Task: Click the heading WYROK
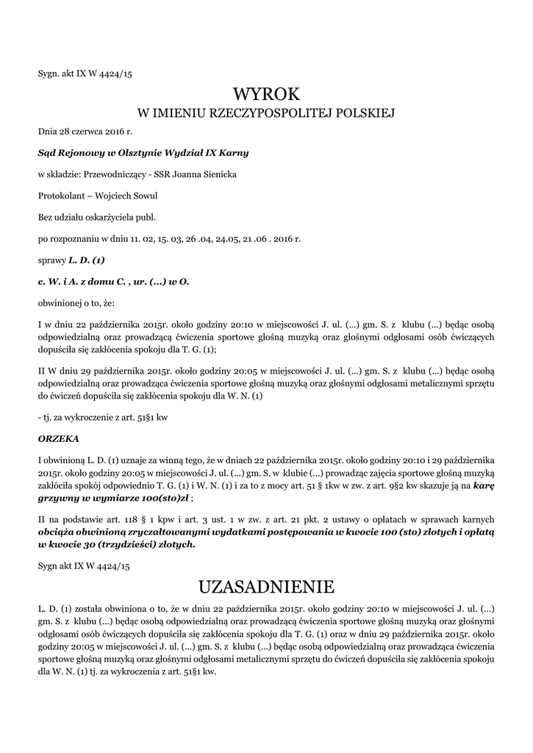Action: point(266,93)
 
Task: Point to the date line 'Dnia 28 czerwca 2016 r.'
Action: point(85,132)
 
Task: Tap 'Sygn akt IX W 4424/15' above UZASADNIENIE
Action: point(83,565)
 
